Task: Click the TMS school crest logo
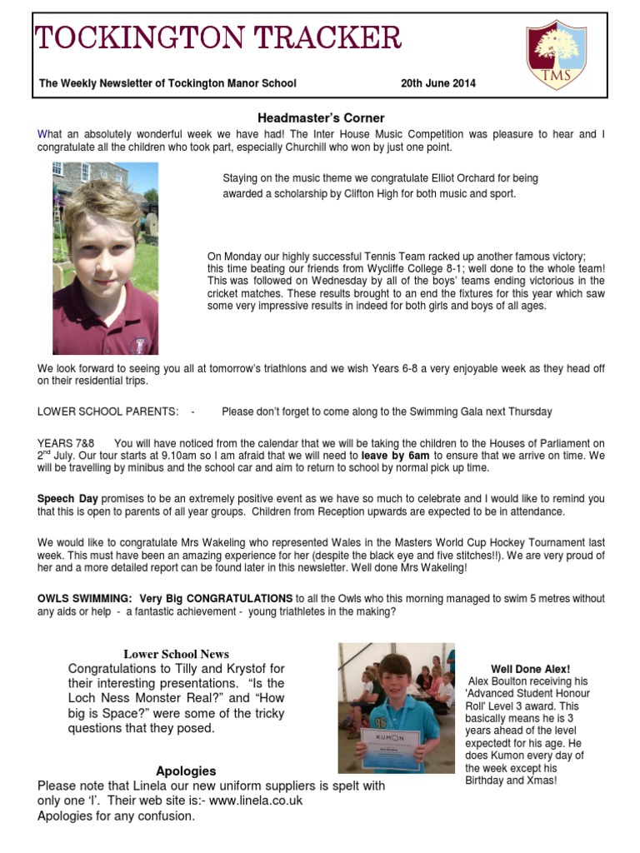pos(556,56)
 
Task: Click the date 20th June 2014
pos(438,83)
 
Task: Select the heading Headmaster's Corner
pos(320,118)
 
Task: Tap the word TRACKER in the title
pos(319,38)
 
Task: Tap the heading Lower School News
pos(176,654)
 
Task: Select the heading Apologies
pos(186,771)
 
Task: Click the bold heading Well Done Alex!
pos(530,669)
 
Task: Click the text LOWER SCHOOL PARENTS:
pos(107,412)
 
